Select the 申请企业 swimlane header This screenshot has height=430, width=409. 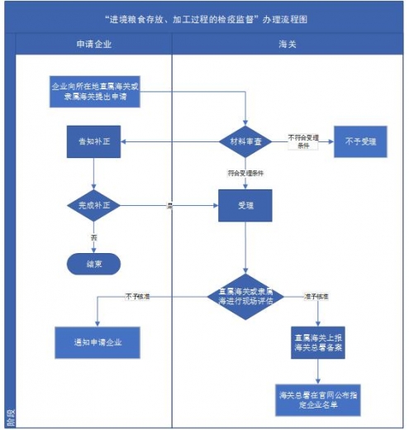coord(93,43)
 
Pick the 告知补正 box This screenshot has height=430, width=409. coord(93,141)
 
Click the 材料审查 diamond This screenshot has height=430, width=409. coord(246,141)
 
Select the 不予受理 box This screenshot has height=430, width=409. coord(360,141)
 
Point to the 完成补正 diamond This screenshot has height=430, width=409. coord(93,204)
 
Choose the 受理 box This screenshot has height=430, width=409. coord(245,205)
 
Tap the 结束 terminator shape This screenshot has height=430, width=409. coord(93,264)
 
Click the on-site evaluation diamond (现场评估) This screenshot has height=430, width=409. coord(245,297)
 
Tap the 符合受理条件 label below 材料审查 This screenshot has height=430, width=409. coord(245,174)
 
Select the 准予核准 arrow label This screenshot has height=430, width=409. coord(316,295)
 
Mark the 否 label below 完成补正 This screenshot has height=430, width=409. coord(93,237)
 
